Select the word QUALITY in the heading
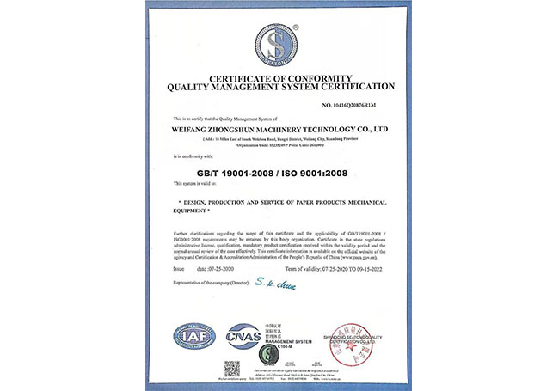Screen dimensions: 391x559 [190, 87]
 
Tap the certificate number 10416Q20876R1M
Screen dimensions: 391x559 [351, 105]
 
